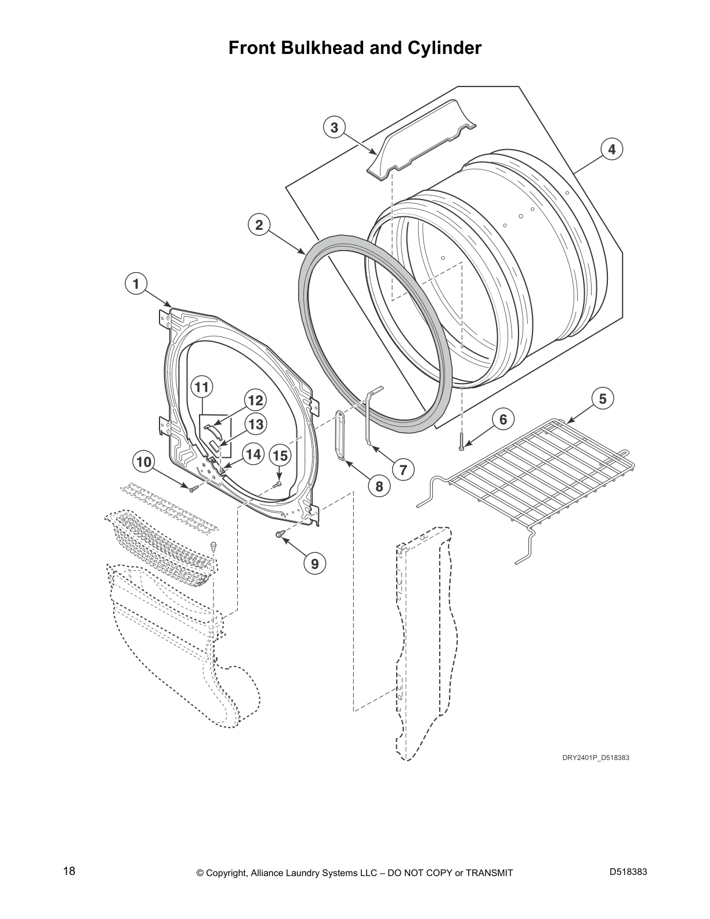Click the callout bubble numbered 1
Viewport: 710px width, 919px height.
(x=136, y=284)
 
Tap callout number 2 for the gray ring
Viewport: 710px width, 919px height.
(x=259, y=225)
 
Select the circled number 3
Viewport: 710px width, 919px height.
(x=334, y=128)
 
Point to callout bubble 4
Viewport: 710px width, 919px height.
(x=611, y=149)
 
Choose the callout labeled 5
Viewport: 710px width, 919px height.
(x=603, y=399)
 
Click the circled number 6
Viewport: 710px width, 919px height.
(x=503, y=419)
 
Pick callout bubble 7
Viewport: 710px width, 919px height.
(x=403, y=470)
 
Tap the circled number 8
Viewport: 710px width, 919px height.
(x=379, y=487)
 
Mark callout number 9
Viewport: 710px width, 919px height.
(x=314, y=564)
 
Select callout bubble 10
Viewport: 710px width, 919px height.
(x=144, y=462)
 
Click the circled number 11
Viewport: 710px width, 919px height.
(x=202, y=388)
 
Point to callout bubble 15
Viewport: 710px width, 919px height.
(x=280, y=455)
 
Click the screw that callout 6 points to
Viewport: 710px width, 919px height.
(x=462, y=442)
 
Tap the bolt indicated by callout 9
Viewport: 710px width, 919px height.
(x=278, y=535)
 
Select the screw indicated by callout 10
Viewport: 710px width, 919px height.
(x=193, y=489)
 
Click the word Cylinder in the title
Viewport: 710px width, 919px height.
(x=444, y=48)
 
